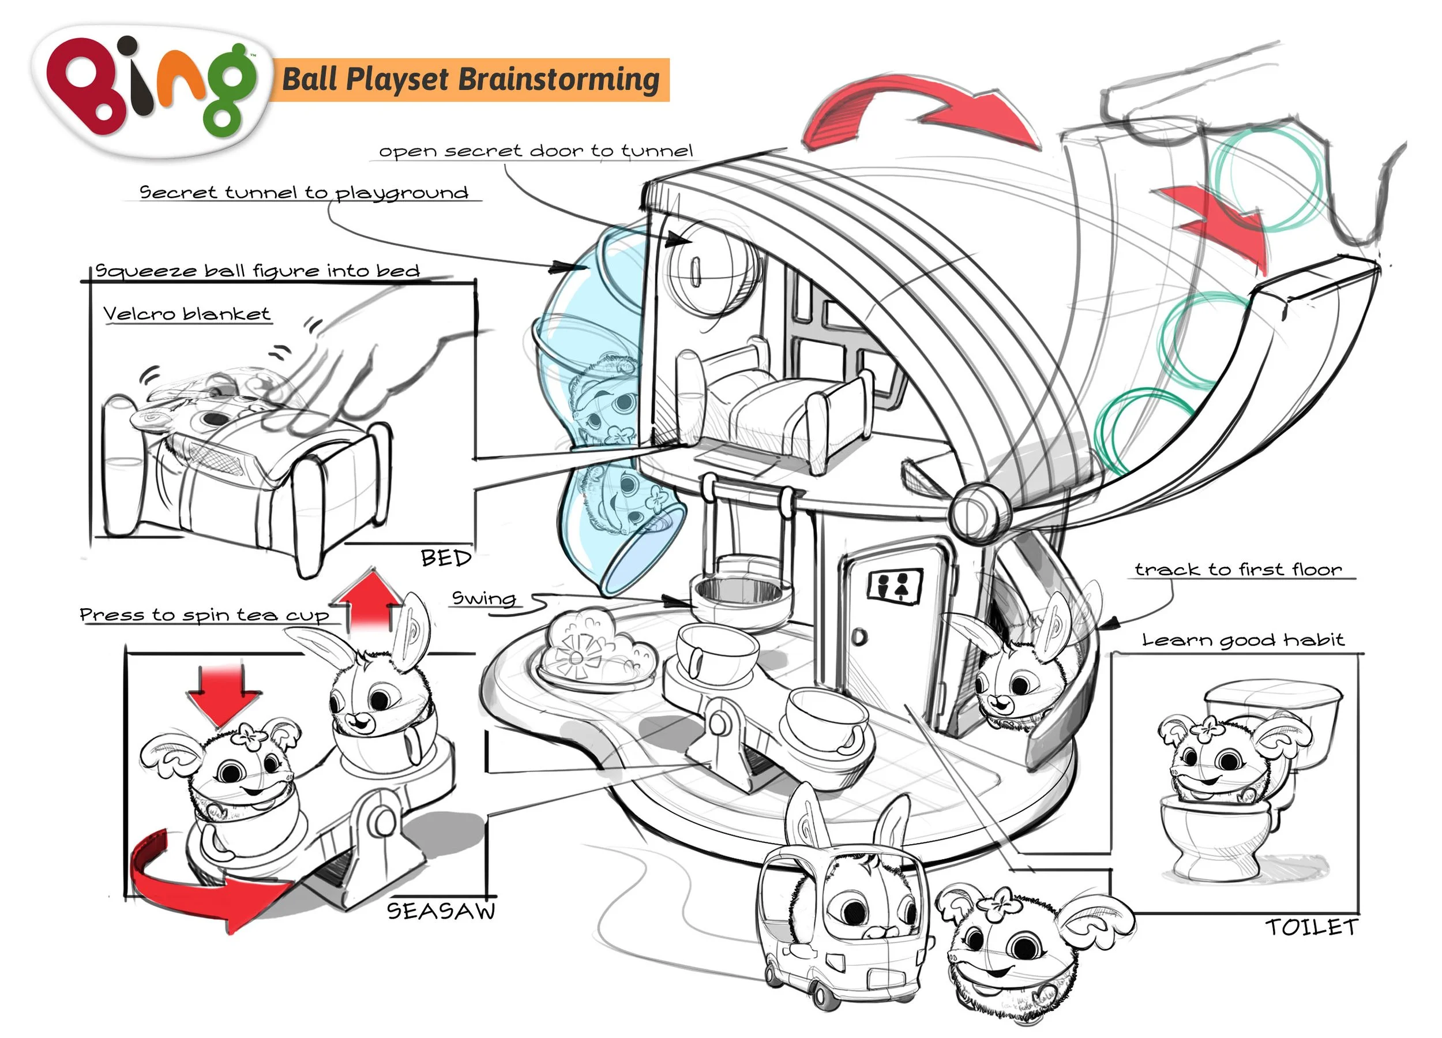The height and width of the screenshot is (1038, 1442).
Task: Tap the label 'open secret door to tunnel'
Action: [535, 151]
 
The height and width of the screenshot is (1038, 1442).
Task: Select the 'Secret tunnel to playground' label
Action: [304, 193]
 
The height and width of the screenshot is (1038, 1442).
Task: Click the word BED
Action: [446, 559]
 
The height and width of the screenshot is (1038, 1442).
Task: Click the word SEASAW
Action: [441, 912]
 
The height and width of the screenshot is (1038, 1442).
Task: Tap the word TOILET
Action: [1311, 927]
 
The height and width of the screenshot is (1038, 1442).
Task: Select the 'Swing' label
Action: [483, 598]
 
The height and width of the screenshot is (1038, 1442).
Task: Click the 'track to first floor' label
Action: [1238, 569]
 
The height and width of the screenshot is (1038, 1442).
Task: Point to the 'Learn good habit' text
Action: [1244, 639]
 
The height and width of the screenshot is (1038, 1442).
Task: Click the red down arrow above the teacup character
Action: [223, 695]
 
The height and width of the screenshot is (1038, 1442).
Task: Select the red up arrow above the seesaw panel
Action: [369, 599]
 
